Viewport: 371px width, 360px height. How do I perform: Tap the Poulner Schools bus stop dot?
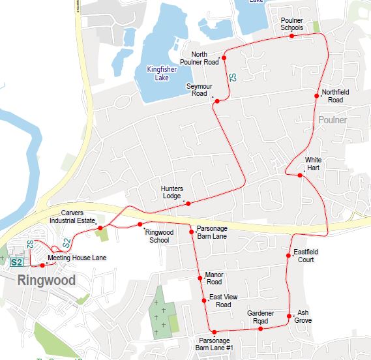point(291,36)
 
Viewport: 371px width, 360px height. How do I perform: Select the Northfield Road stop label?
point(336,96)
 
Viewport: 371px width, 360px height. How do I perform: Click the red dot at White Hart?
point(300,175)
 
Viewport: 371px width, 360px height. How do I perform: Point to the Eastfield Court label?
point(304,256)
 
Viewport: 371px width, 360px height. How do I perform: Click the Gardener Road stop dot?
point(260,329)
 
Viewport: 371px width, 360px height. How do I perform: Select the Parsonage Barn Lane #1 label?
point(215,344)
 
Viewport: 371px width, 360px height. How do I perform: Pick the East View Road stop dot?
point(204,300)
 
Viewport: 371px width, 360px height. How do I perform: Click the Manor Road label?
point(214,278)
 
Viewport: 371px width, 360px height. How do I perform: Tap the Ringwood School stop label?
point(157,236)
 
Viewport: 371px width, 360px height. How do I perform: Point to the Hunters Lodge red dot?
point(188,203)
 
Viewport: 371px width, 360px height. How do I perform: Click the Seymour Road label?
point(196,89)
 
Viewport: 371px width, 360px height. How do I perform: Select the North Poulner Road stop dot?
point(224,58)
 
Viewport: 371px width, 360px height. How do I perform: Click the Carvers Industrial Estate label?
point(78,217)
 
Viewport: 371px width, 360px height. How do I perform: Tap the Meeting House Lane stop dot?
point(42,265)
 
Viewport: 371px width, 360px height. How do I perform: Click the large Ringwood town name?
point(46,281)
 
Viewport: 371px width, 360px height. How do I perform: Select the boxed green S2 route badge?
point(18,262)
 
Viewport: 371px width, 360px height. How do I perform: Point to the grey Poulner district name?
point(333,121)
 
